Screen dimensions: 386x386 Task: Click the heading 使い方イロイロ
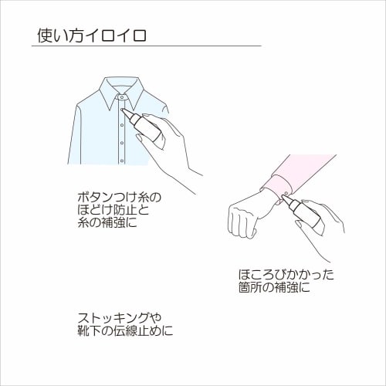pos(93,36)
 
